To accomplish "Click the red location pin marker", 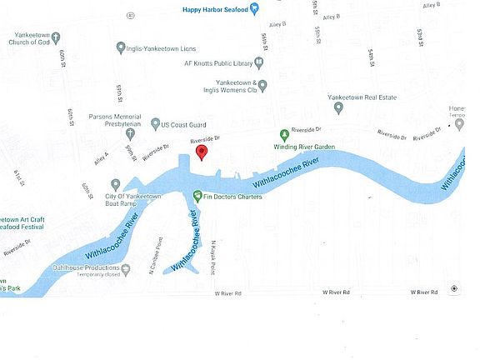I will [201, 151].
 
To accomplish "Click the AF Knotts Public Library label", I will [217, 62].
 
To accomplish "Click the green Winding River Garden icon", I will [283, 135].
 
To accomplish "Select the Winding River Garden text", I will [304, 147].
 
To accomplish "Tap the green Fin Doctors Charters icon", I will [197, 197].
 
